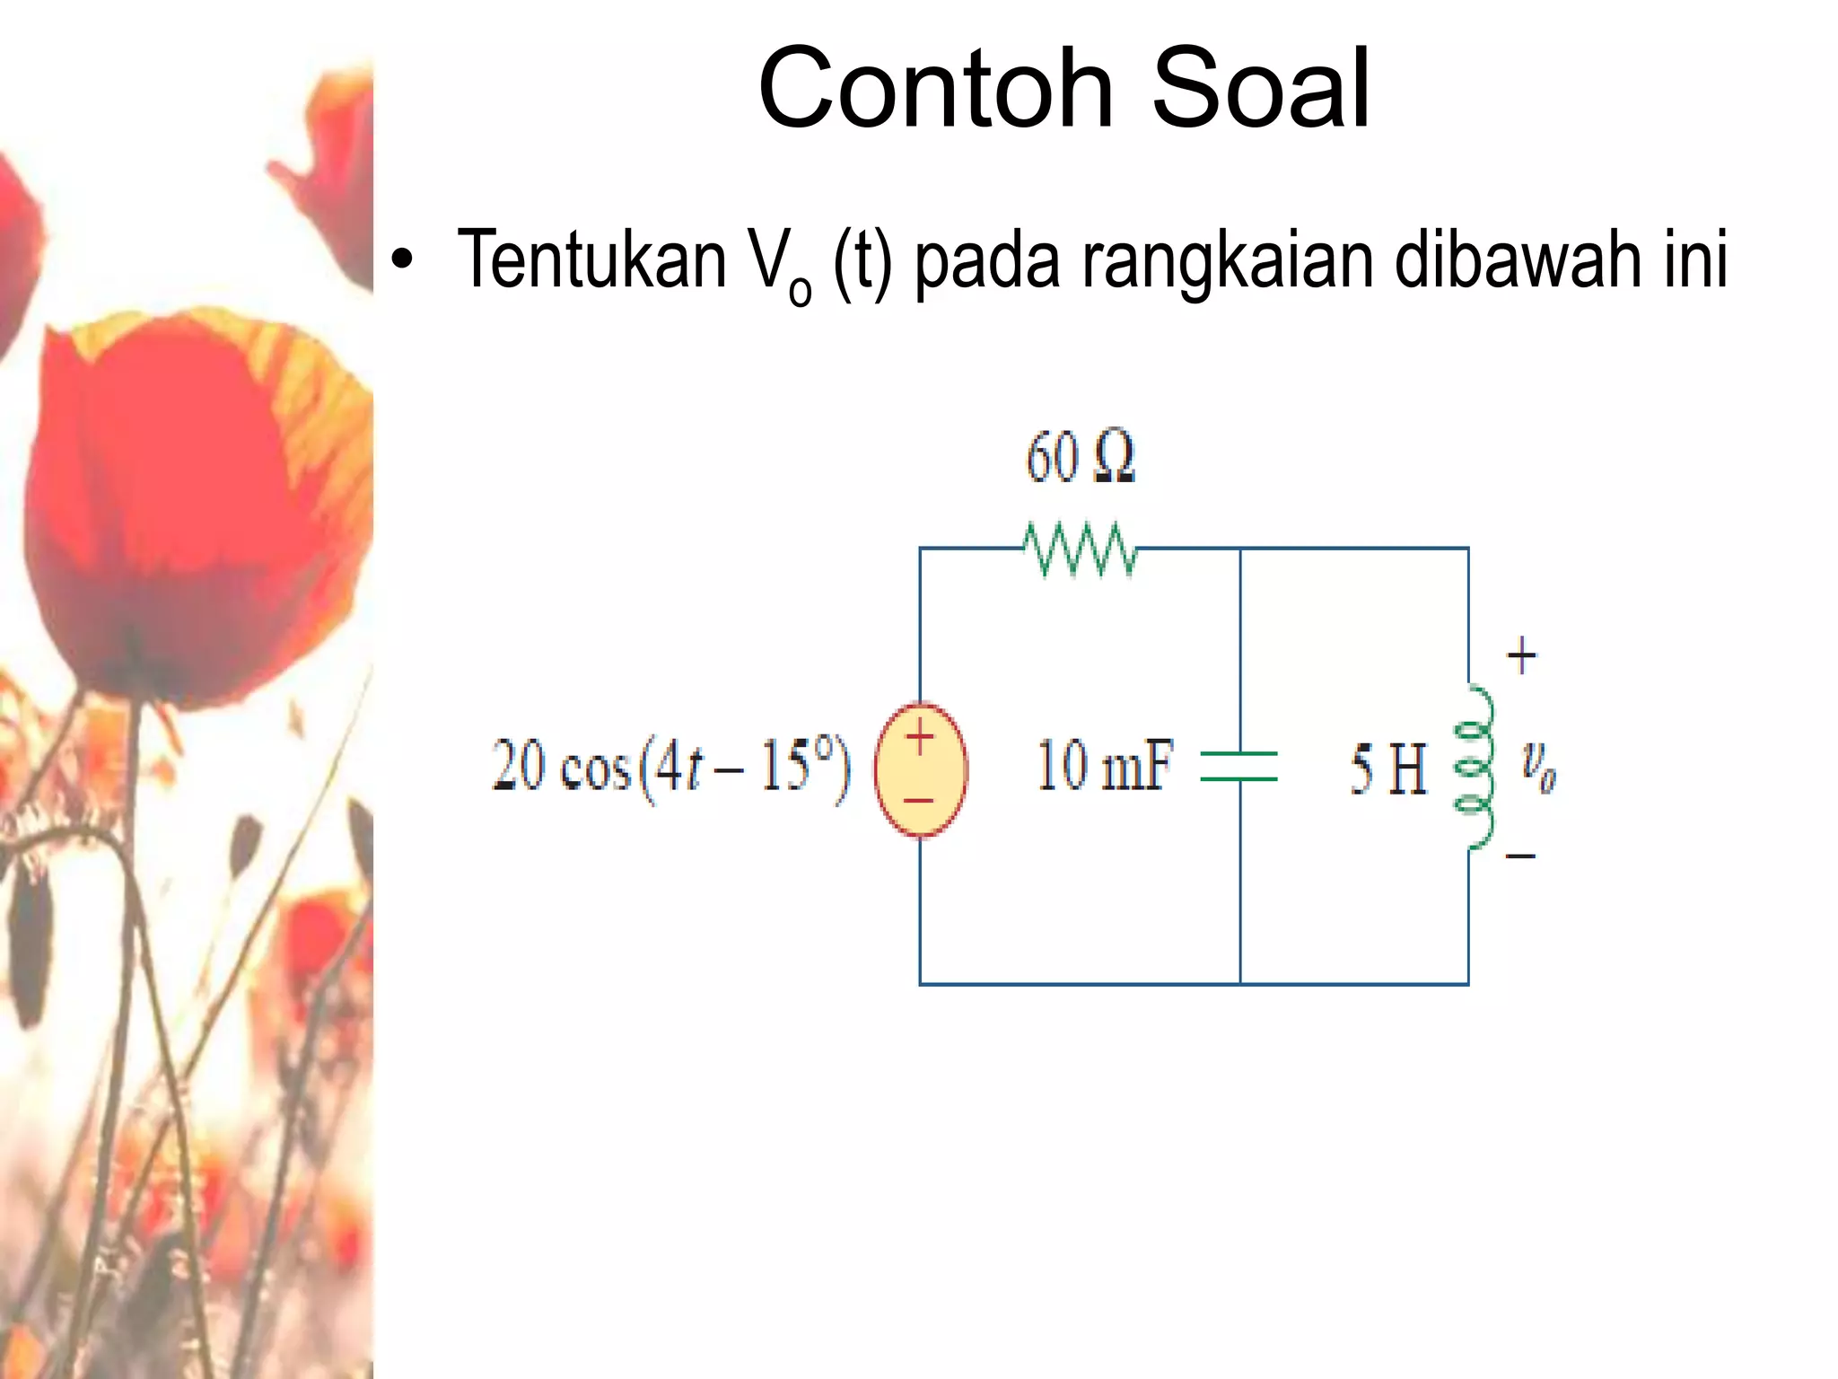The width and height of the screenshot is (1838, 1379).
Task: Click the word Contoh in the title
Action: (x=935, y=90)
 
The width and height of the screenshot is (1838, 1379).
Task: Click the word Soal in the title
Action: (x=1260, y=90)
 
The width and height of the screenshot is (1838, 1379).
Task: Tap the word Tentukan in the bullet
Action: (x=591, y=260)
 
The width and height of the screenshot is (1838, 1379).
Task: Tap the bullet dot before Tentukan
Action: (x=403, y=260)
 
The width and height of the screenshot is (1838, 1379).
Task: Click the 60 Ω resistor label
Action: (x=1080, y=457)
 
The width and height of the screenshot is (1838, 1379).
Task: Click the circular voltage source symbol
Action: (x=921, y=769)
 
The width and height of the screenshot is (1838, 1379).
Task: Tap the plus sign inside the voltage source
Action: (x=920, y=739)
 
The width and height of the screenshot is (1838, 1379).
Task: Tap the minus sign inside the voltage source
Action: (x=920, y=800)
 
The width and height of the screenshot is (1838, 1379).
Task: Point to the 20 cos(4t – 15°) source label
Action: (x=670, y=768)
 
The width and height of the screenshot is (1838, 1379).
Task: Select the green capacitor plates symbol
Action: (x=1239, y=766)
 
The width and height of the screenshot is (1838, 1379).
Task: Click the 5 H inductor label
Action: (x=1387, y=769)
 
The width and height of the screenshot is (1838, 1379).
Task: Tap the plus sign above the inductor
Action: (x=1520, y=656)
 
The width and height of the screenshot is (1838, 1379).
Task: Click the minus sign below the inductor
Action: (x=1520, y=856)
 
